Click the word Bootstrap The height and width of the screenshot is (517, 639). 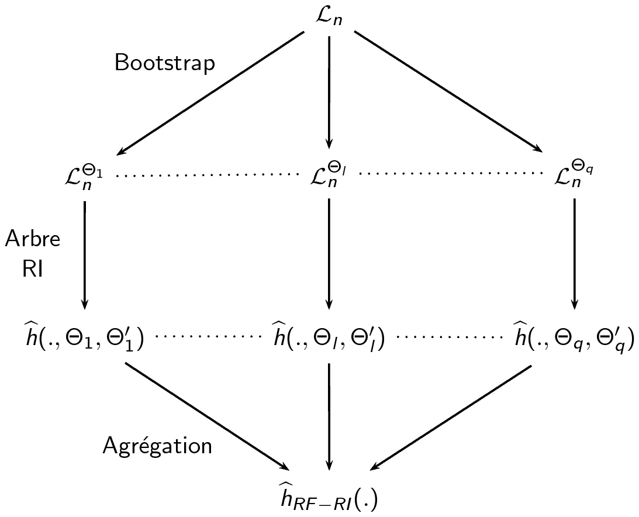(164, 63)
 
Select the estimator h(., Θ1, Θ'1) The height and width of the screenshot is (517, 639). (82, 337)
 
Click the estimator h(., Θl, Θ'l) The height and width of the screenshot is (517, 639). (328, 337)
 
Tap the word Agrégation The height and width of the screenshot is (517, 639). (157, 446)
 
